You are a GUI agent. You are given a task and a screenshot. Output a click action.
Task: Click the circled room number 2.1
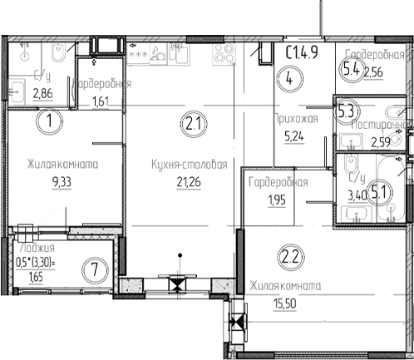click(x=192, y=126)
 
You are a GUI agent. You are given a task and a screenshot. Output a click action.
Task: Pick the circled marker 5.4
click(x=351, y=70)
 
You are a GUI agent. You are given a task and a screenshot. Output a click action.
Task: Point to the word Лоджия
click(x=35, y=246)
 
